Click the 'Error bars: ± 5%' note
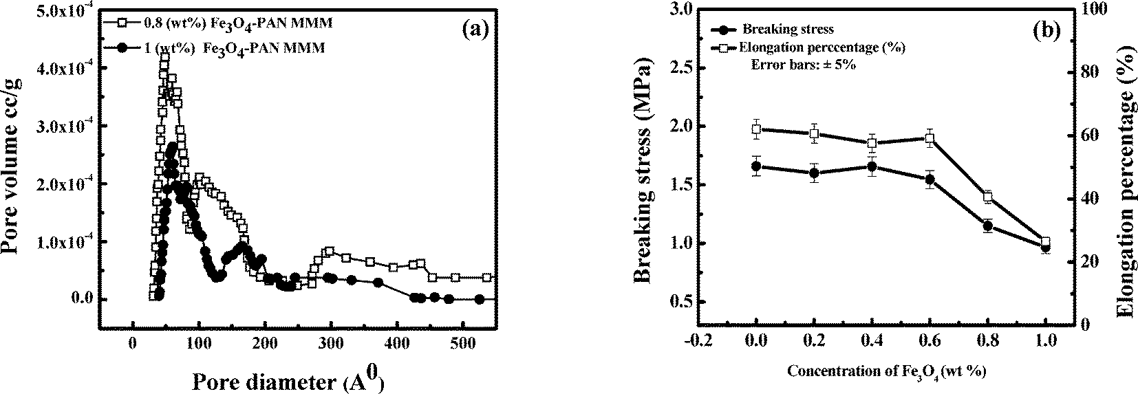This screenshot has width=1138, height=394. (802, 65)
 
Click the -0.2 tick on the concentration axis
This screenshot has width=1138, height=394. (699, 341)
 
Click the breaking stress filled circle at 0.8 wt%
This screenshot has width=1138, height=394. (988, 226)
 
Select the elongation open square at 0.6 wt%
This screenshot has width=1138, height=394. (930, 139)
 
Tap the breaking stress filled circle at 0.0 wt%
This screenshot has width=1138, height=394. (757, 166)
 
